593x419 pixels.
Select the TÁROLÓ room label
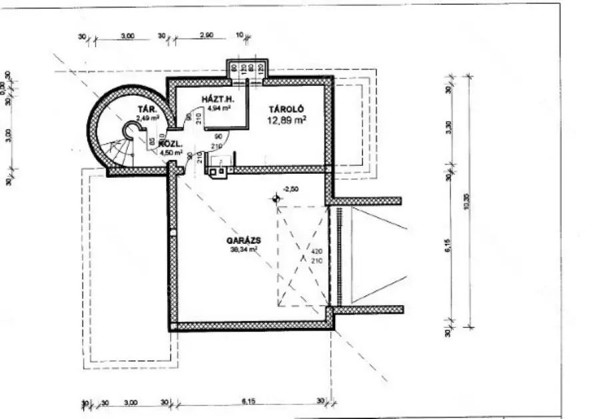(287, 109)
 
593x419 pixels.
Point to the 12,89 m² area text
(287, 120)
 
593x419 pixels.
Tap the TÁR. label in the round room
(147, 109)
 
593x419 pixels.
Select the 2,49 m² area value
(148, 117)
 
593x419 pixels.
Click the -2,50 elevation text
(290, 189)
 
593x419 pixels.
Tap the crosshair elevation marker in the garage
(275, 198)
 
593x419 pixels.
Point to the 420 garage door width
(316, 252)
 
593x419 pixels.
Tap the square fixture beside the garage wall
(217, 171)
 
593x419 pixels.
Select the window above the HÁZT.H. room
(246, 68)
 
